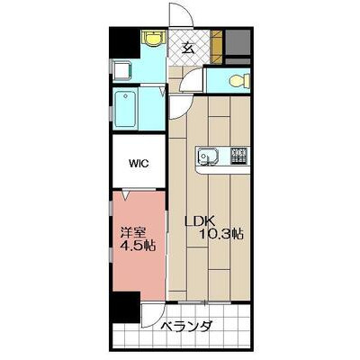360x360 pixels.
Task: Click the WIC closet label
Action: click(x=139, y=164)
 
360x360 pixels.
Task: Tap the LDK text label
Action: click(x=199, y=221)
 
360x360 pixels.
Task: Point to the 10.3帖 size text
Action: click(x=221, y=234)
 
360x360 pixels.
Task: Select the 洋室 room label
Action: click(x=133, y=233)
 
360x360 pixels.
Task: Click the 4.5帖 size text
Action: click(x=138, y=246)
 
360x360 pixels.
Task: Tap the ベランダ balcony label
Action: click(x=186, y=326)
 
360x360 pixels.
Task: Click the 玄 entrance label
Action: click(x=188, y=48)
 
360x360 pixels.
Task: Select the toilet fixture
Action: click(x=239, y=80)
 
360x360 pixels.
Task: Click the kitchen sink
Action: click(x=208, y=156)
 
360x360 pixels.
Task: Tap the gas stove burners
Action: click(x=238, y=156)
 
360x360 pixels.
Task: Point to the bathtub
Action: click(x=126, y=110)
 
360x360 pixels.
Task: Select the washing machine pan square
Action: click(x=122, y=71)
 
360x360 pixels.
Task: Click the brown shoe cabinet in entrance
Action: click(x=217, y=47)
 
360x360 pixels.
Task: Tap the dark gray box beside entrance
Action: click(x=238, y=42)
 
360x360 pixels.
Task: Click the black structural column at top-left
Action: click(x=124, y=42)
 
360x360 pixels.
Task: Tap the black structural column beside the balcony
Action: click(x=125, y=307)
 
